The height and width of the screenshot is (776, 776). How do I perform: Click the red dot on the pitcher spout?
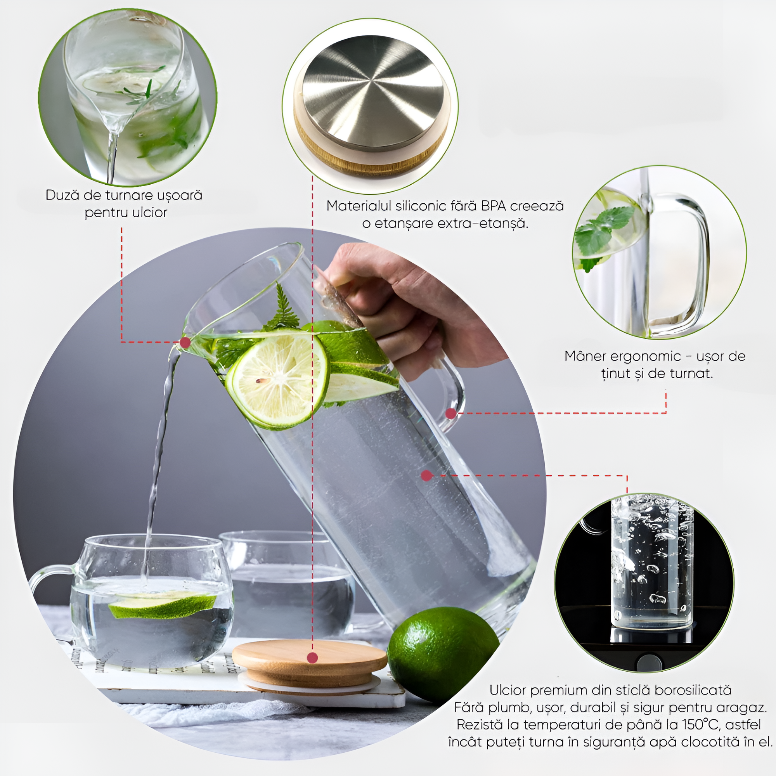pos(185,343)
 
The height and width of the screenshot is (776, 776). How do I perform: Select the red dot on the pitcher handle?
pos(451,413)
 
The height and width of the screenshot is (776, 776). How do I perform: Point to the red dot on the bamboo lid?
pos(312,658)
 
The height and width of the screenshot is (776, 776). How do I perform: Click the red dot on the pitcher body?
pos(426,476)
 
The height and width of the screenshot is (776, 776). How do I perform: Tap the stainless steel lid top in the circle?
pos(373,93)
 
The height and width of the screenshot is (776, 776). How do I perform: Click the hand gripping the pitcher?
pos(406,305)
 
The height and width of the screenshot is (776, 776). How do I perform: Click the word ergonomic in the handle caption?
pos(646,357)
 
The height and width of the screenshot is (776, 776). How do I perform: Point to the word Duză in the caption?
pos(62,195)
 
